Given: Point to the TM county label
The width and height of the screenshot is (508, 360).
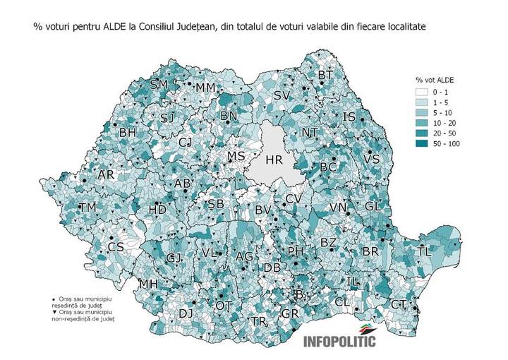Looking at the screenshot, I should tap(88, 208).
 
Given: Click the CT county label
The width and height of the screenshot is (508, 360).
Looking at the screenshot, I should tap(399, 304).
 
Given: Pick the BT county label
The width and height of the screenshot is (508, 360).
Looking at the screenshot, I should tap(325, 75).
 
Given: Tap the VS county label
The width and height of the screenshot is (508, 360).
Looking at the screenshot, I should tap(371, 160).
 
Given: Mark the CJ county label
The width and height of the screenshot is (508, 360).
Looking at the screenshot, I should tap(185, 143).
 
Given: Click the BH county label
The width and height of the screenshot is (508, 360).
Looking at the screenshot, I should tap(128, 132).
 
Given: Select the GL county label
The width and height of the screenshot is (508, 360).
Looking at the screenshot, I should tap(373, 206).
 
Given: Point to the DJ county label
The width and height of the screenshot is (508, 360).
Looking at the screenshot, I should tap(186, 313).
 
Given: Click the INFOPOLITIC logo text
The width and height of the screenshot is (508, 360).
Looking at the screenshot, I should tap(339, 342).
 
